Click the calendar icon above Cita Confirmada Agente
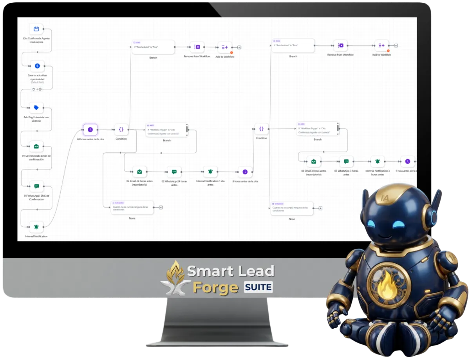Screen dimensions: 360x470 36,29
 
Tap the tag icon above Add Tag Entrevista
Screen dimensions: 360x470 36,108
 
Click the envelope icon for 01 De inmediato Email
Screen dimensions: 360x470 36,147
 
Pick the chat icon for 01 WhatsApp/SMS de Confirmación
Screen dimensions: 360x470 36,186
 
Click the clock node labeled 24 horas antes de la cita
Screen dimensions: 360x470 90,129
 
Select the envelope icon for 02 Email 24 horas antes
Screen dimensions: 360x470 139,172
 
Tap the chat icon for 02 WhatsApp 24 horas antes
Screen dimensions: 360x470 174,172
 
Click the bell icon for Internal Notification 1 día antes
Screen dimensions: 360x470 210,172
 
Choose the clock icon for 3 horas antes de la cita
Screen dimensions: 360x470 245,172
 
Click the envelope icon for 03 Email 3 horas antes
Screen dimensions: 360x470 313,161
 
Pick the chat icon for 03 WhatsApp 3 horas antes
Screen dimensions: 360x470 346,161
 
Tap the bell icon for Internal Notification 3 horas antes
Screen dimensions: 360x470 378,161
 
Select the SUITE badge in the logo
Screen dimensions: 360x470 258,288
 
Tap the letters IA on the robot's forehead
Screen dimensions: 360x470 385,199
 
